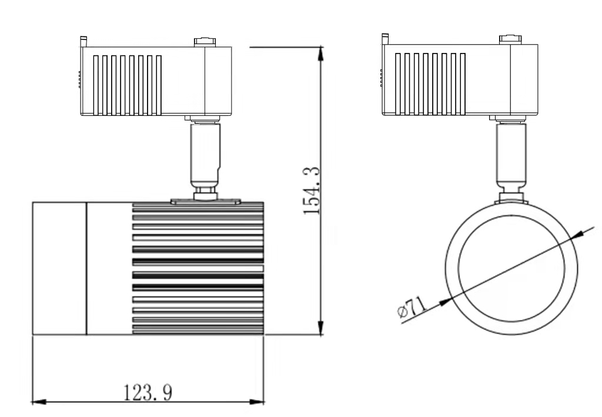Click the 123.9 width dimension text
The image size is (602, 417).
click(x=148, y=392)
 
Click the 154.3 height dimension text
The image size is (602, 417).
click(x=311, y=191)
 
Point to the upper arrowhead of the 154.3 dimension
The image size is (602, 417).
click(x=320, y=54)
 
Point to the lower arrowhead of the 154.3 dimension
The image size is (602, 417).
click(x=320, y=328)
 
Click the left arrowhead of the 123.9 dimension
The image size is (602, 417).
click(x=39, y=402)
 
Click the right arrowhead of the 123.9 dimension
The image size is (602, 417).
click(x=257, y=402)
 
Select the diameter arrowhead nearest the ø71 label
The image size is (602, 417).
click(x=446, y=302)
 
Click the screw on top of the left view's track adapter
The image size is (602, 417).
click(x=205, y=42)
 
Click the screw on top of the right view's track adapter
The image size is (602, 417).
click(x=510, y=39)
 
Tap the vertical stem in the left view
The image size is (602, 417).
click(x=205, y=154)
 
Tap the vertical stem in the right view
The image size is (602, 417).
click(x=511, y=153)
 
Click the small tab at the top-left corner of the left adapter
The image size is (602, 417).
click(x=83, y=42)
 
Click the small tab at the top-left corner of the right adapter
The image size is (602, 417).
click(x=385, y=39)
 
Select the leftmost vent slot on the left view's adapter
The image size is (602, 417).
click(x=96, y=85)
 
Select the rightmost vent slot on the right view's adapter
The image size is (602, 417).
click(x=463, y=84)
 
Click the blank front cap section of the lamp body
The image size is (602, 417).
click(x=59, y=268)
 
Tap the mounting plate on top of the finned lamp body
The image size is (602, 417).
click(x=205, y=201)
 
